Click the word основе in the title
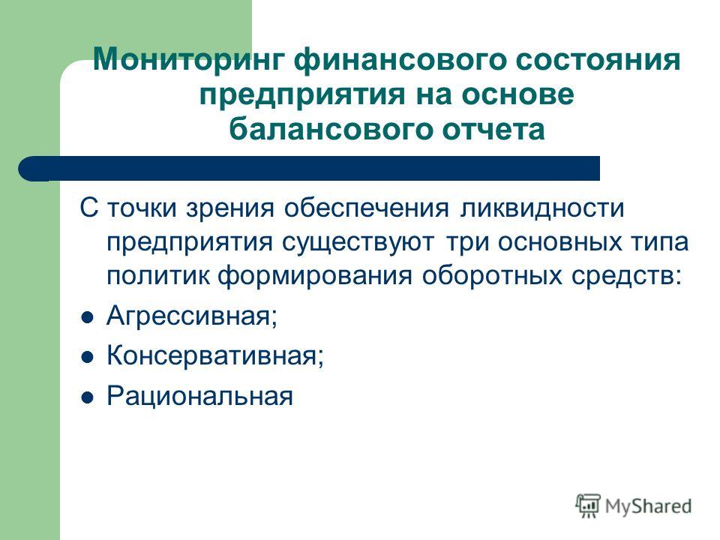point(518,94)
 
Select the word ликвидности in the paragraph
point(541,208)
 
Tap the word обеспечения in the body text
point(366,208)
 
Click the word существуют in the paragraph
point(358,242)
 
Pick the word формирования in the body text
point(314,276)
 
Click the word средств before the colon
point(623,276)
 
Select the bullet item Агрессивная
point(192,316)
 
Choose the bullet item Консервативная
point(215,355)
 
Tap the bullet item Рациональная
point(199,396)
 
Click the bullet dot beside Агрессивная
point(87,318)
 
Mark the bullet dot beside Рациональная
point(87,397)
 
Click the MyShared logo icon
point(588,506)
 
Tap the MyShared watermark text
point(648,506)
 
